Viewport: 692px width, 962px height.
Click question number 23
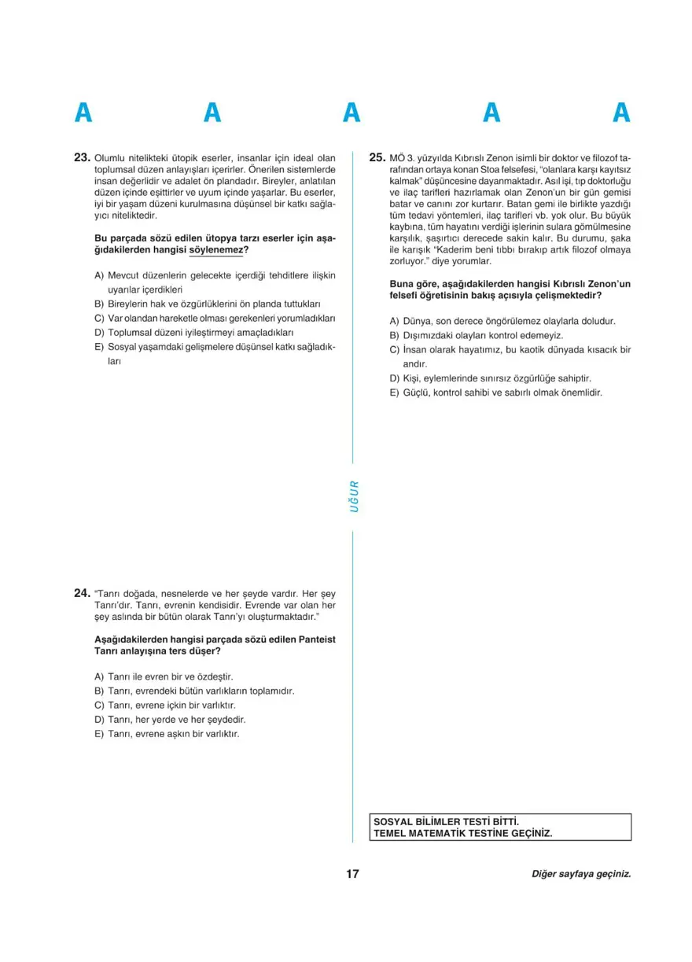point(83,157)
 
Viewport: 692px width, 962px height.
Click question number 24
point(83,592)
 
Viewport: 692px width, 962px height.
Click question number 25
point(377,157)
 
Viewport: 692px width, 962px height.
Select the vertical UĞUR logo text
point(354,496)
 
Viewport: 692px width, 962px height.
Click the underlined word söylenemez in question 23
point(217,250)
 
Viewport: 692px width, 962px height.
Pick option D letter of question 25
point(394,378)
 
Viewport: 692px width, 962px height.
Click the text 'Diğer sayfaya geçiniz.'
point(581,874)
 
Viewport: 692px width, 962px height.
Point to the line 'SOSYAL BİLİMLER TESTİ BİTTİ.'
point(447,820)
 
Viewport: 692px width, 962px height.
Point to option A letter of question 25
point(394,321)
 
